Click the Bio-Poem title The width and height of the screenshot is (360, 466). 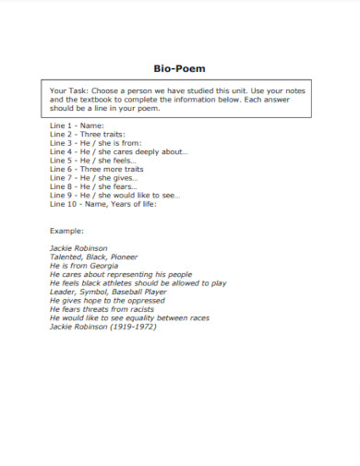coord(180,68)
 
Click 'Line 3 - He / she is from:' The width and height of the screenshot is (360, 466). coord(94,141)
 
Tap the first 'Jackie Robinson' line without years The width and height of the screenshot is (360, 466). coord(78,247)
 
